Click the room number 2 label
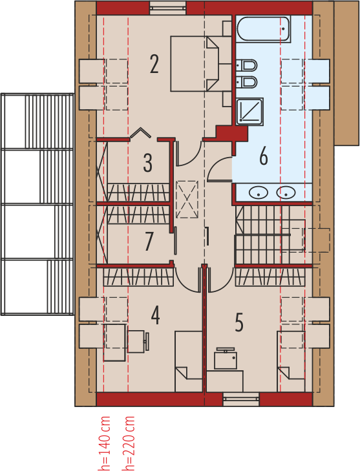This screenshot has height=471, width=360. click(154, 64)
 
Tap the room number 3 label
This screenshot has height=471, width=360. click(147, 163)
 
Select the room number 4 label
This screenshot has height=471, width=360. click(155, 315)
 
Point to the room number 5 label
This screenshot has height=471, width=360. click(239, 322)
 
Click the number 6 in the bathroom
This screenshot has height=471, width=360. click(264, 156)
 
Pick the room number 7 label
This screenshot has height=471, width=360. click(149, 242)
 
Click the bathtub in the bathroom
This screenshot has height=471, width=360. click(264, 29)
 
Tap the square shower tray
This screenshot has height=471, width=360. click(249, 111)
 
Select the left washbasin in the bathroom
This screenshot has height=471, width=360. click(259, 193)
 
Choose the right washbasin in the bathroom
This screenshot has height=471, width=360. click(286, 193)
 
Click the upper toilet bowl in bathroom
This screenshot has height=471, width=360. click(247, 65)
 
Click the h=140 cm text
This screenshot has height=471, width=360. click(105, 443)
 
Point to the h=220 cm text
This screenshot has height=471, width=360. click(129, 443)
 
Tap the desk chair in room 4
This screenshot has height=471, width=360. click(138, 341)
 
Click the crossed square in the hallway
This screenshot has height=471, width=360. click(187, 198)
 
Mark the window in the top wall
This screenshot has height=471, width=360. click(168, 8)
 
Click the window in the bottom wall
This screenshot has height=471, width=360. click(241, 399)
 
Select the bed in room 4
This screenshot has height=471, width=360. click(189, 361)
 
